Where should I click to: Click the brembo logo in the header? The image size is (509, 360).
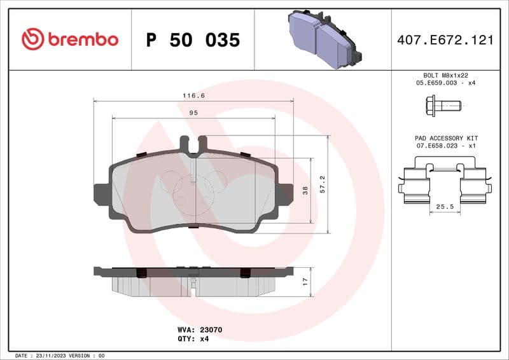(x=70, y=39)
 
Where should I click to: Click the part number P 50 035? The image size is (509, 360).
(x=193, y=40)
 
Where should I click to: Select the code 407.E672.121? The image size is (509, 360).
(x=445, y=40)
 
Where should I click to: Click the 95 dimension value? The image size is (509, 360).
(x=193, y=112)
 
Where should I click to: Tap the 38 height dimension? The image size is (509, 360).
(x=305, y=191)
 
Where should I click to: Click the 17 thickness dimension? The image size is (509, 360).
(x=305, y=280)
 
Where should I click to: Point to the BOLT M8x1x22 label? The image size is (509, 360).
(x=445, y=75)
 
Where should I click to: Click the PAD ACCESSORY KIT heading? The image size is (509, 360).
(x=445, y=138)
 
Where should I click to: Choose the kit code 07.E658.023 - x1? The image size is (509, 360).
(x=445, y=146)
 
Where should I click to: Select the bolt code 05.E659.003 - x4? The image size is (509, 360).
(x=445, y=83)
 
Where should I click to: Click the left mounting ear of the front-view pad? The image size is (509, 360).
(x=101, y=195)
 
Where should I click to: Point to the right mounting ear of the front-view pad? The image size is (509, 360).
(x=286, y=195)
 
